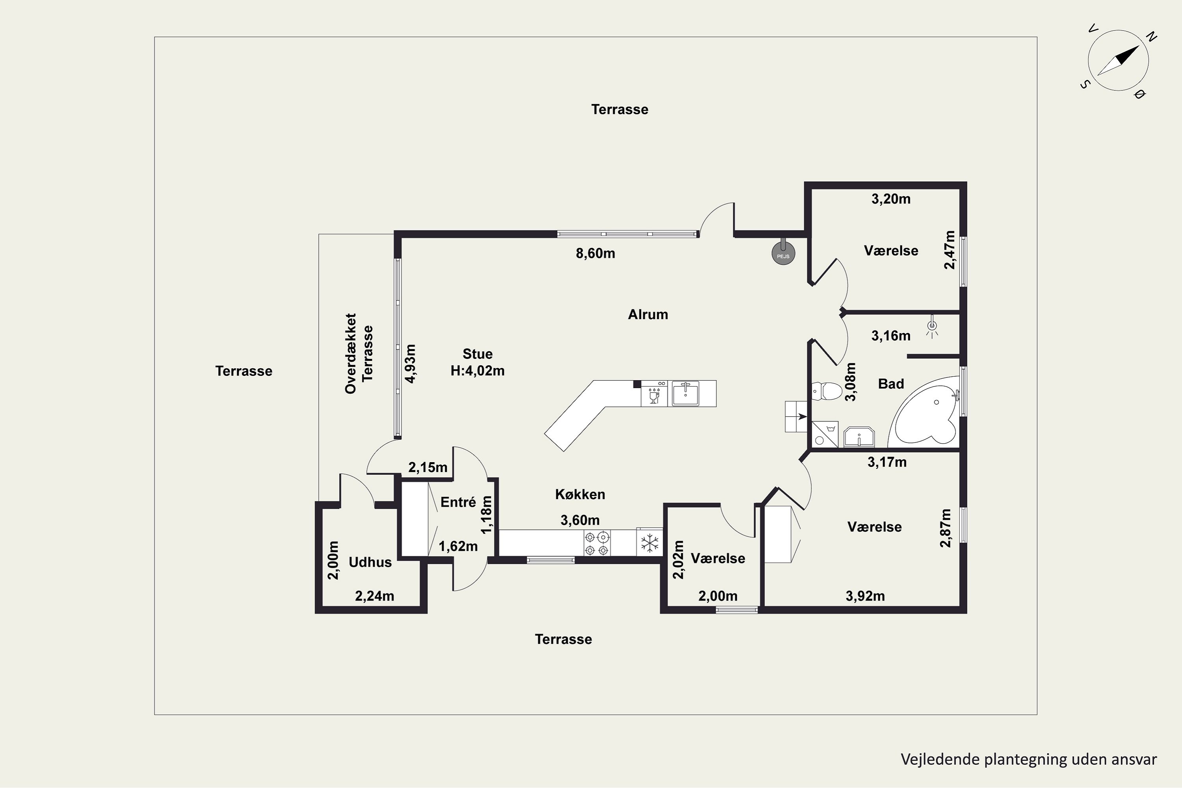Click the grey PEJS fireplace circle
pos(783,253)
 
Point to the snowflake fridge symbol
pos(649,543)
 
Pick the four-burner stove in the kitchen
pos(597,543)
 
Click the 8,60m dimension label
pos(595,253)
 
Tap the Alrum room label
pos(648,314)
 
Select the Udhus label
pos(370,562)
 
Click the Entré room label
pos(458,502)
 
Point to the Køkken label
pos(580,494)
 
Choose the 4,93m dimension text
pos(411,364)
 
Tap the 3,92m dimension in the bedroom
pos(865,596)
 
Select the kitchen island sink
pos(686,393)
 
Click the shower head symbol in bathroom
pos(932,326)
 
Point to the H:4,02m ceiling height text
pos(478,371)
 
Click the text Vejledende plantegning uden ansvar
pos(1029,759)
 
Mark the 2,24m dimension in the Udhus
pos(374,596)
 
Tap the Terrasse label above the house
pos(620,110)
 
